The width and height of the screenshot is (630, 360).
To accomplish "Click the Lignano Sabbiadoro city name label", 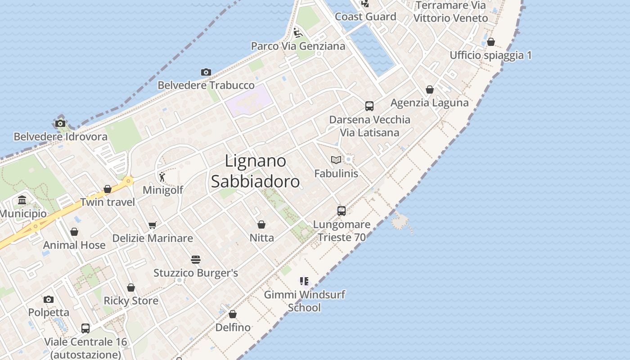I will [x=255, y=171].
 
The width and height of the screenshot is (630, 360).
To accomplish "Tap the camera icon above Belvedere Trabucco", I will [x=206, y=72].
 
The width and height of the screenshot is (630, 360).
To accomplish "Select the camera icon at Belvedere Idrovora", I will [x=60, y=124].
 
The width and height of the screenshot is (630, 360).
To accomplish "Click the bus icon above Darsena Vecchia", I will [x=369, y=106].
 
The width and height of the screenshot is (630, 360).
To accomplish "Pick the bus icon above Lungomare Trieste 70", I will [x=342, y=211].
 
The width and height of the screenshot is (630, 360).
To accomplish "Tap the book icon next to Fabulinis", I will [x=336, y=160].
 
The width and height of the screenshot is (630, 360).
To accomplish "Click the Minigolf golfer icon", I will [x=162, y=176].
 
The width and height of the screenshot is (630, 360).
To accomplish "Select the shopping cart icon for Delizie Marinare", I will [x=153, y=225].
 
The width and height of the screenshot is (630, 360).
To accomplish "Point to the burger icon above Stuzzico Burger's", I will [x=195, y=260].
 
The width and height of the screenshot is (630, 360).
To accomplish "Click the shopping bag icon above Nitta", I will [x=261, y=224].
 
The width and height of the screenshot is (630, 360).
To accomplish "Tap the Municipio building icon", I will [x=22, y=200].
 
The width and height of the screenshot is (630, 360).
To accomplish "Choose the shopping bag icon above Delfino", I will [x=233, y=314].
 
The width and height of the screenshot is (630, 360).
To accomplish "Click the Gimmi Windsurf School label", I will [x=305, y=301].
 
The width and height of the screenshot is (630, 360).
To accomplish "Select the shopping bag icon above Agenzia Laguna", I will [x=430, y=90].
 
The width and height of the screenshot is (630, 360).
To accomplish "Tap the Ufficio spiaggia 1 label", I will [x=490, y=55].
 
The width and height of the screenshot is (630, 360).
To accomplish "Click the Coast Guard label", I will [x=365, y=17].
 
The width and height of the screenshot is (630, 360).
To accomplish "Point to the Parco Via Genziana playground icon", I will [x=297, y=32].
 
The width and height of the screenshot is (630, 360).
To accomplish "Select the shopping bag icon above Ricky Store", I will [x=131, y=288].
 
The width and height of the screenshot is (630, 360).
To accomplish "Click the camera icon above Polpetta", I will [x=49, y=300].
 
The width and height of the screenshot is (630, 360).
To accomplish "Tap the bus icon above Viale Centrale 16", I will [x=85, y=328].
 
